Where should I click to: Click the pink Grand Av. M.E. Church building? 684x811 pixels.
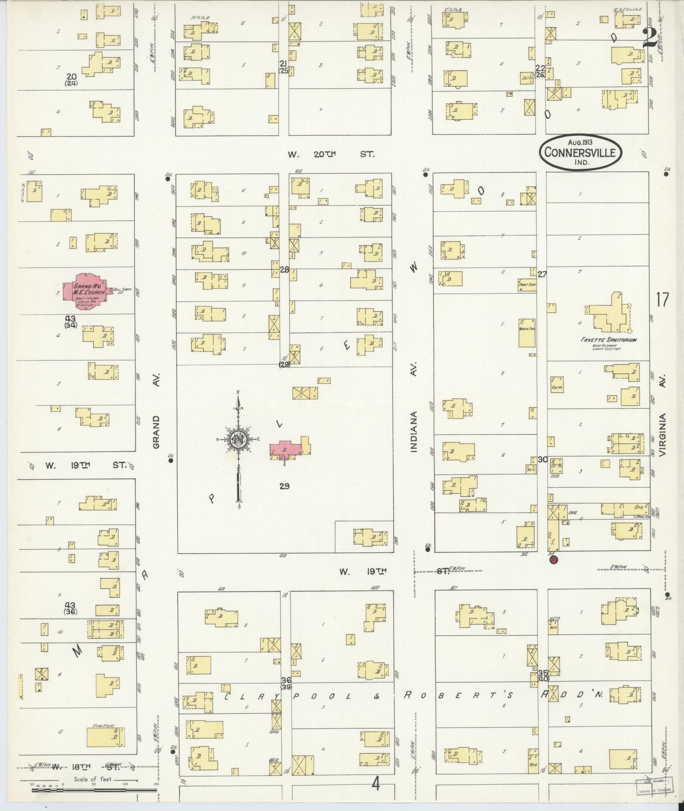coord(87,292)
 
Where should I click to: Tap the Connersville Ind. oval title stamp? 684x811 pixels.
coord(580,153)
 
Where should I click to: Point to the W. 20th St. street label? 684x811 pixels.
coord(331,155)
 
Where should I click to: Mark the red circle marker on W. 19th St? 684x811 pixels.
coord(553,560)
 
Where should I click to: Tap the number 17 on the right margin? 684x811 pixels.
coord(662,300)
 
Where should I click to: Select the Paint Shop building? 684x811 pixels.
coord(527,284)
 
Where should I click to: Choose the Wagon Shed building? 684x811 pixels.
coord(527,333)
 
